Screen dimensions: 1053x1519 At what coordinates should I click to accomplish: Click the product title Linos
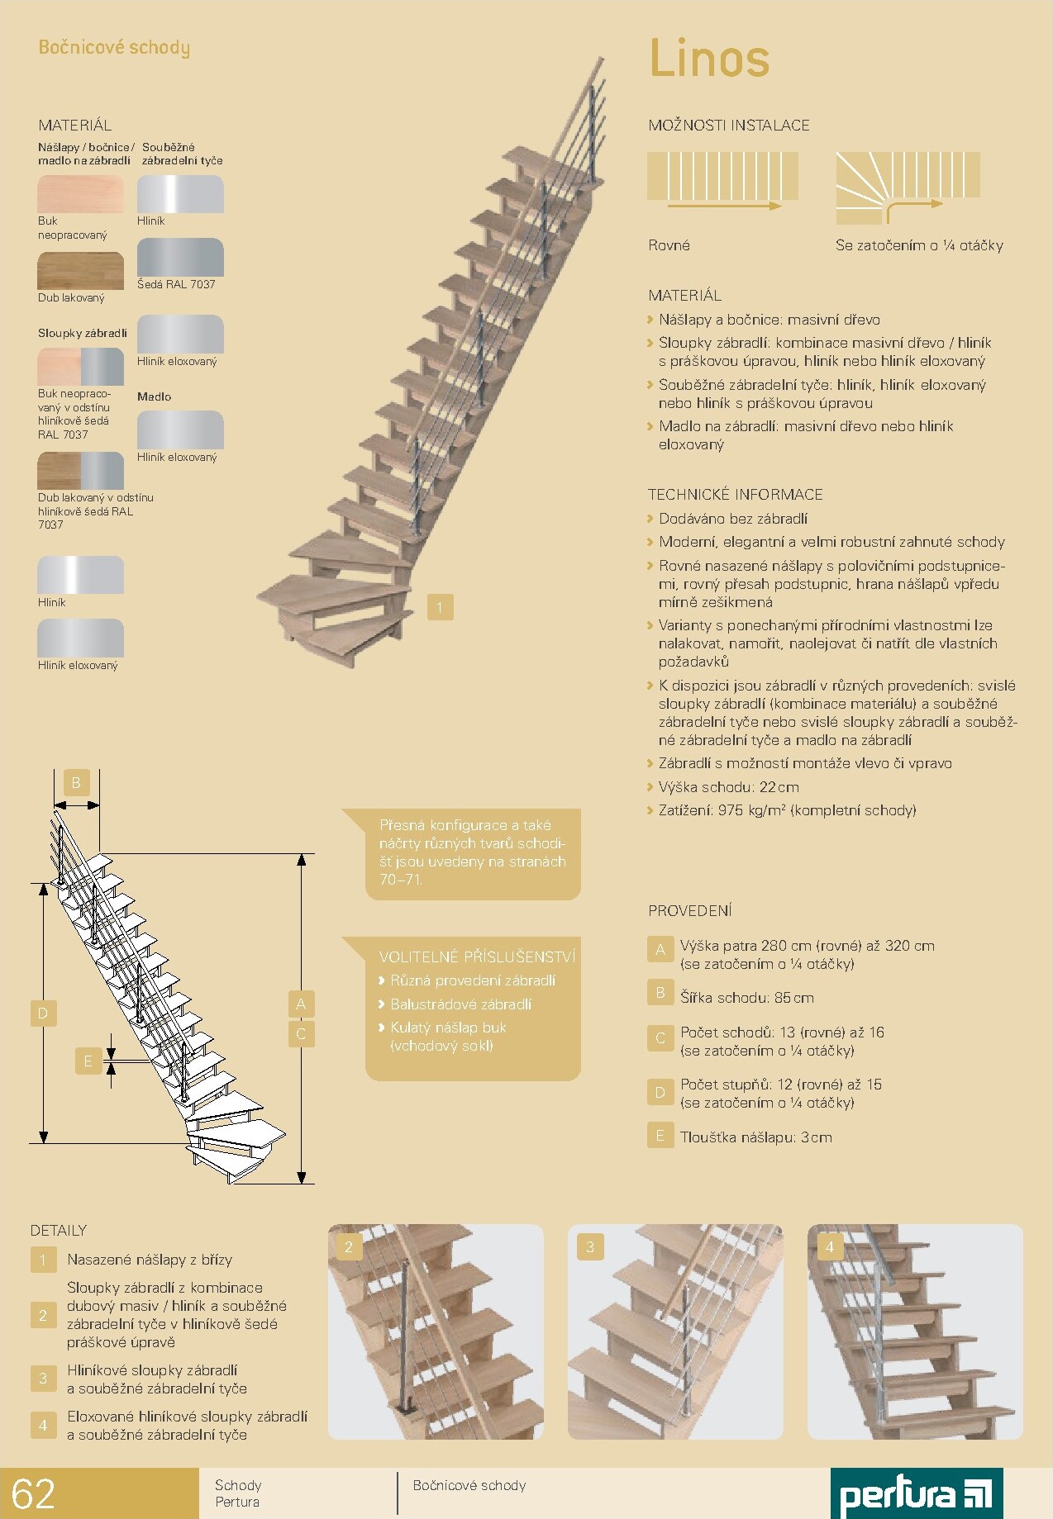click(x=709, y=58)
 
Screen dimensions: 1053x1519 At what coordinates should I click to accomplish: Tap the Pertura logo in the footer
click(x=916, y=1493)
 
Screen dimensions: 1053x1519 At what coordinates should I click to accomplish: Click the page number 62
click(x=34, y=1494)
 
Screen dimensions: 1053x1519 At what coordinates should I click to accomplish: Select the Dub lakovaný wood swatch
click(x=80, y=271)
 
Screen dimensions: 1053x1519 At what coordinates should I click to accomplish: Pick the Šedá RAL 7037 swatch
click(x=180, y=257)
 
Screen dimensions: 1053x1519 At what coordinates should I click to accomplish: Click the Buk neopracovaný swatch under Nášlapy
click(x=80, y=194)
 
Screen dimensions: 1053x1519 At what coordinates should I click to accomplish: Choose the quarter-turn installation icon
click(x=908, y=188)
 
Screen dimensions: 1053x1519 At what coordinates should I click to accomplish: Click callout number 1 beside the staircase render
click(x=440, y=607)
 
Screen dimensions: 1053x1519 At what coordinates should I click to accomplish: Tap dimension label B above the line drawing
click(x=76, y=782)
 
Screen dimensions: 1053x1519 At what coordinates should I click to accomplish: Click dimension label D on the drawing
click(x=43, y=1013)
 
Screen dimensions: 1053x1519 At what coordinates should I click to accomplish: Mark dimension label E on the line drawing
click(x=88, y=1061)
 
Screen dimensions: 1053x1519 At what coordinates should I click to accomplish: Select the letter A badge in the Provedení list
click(x=660, y=950)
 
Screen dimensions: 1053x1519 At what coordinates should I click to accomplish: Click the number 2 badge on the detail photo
click(x=349, y=1246)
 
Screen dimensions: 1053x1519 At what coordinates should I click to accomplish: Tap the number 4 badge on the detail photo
click(x=830, y=1246)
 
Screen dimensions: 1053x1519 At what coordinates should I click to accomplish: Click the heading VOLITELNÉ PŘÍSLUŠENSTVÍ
click(x=477, y=956)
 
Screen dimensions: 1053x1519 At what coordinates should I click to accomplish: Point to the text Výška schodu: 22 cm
click(x=728, y=787)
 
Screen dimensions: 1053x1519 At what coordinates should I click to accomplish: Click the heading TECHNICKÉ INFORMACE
click(x=736, y=495)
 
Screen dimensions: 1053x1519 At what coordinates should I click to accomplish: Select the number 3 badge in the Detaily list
click(x=43, y=1378)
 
